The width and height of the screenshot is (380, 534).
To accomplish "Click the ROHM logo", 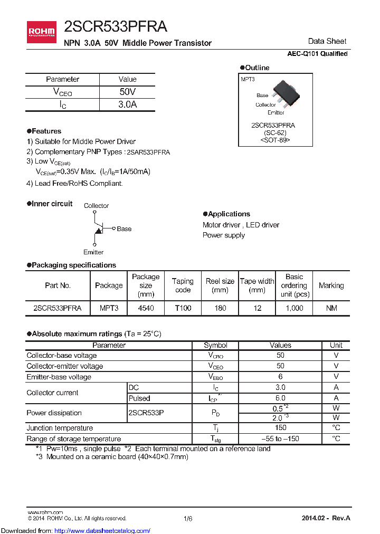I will pos(41,32).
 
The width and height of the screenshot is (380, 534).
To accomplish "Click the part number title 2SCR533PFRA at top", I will pos(115,27).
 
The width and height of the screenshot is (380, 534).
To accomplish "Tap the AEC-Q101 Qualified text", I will pos(317,54).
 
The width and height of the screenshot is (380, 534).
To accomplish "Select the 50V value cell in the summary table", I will pos(127,92).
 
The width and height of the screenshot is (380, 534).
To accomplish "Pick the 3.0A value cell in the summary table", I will pos(127,104).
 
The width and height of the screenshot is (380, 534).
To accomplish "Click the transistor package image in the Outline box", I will pos(284,90).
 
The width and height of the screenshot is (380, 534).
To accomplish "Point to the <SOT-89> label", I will pos(275,140).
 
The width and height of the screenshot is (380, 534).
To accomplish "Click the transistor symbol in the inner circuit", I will pos(98,228).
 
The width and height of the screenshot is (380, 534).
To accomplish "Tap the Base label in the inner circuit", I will pos(124,228).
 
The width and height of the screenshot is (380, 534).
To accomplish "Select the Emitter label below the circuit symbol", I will pos(93,252).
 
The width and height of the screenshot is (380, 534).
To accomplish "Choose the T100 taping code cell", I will pos(183,308).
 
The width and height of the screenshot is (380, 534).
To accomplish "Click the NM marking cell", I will pos(331,308).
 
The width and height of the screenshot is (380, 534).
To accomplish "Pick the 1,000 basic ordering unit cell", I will pos(294,308).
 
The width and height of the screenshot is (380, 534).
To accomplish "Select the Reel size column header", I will pos(220,285).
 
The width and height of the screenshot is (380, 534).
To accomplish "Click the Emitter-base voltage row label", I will pos(59,377).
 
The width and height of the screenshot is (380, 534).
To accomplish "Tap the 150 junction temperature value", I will pos(280,428).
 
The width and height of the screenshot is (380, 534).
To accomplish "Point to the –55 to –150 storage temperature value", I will pos(280,438).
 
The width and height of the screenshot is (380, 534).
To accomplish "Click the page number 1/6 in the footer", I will pos(188,519).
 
